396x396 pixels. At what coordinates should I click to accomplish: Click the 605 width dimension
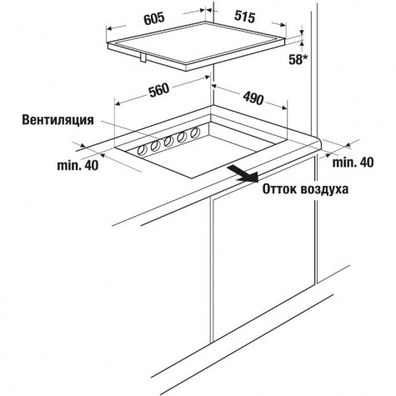pyautogui.click(x=154, y=18)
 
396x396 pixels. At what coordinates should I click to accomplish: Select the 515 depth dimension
pyautogui.click(x=244, y=17)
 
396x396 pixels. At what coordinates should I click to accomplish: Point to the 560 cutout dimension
pyautogui.click(x=158, y=90)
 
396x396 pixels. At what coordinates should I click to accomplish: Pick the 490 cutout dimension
pyautogui.click(x=253, y=98)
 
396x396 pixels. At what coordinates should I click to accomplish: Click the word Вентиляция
pyautogui.click(x=58, y=120)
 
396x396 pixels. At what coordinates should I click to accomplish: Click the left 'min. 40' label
pyautogui.click(x=78, y=166)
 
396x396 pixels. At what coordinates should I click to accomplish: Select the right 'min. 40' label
pyautogui.click(x=353, y=163)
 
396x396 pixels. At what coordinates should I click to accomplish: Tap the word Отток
pyautogui.click(x=280, y=189)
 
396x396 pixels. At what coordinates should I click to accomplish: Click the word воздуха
pyautogui.click(x=324, y=190)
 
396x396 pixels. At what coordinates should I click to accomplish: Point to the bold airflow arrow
pyautogui.click(x=243, y=174)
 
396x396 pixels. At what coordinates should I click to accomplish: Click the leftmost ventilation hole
pyautogui.click(x=143, y=150)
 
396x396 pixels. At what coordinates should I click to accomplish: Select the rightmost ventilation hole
pyautogui.click(x=195, y=133)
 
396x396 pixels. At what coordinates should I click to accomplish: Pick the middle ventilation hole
pyautogui.click(x=168, y=142)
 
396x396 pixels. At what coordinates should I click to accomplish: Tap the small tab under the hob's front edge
pyautogui.click(x=144, y=58)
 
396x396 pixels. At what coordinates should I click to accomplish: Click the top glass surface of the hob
pyautogui.click(x=197, y=43)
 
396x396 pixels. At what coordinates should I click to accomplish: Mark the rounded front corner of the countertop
pyautogui.click(x=318, y=144)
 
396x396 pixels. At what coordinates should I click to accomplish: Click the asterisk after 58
pyautogui.click(x=307, y=57)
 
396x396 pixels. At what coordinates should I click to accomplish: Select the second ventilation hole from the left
pyautogui.click(x=155, y=146)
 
